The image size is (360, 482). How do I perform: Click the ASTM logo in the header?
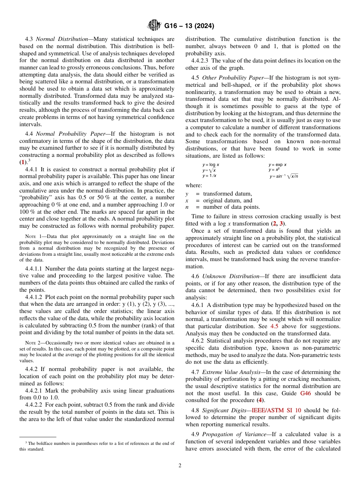pos(154,26)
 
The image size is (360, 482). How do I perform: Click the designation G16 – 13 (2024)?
pos(189,26)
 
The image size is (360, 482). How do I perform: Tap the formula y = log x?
pos(211,165)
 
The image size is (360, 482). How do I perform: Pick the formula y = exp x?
pos(277,165)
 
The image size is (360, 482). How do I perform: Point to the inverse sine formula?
pos(284,176)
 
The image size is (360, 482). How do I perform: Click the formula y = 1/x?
pos(210,176)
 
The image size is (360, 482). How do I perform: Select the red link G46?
pos(306,393)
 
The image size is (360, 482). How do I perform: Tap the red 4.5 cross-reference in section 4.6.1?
pos(274,326)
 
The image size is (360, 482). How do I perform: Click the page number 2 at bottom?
pos(180,466)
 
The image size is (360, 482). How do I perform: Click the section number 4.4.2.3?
pos(200,61)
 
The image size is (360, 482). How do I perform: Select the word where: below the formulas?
pos(194,185)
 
